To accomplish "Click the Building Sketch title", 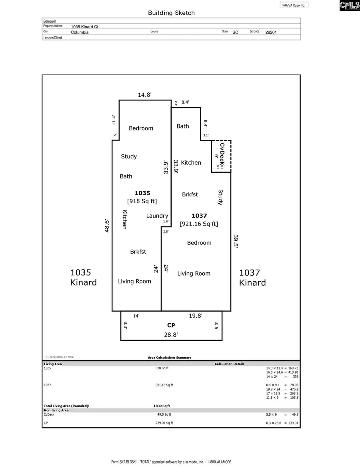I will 171,13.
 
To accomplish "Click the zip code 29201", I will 270,32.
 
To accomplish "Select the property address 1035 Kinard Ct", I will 85,27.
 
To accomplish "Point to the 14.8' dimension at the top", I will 145,95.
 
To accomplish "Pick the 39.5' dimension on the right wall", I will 236,242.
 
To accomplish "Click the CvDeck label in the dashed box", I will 222,153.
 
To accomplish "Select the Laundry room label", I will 157,216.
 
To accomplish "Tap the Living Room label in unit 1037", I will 194,274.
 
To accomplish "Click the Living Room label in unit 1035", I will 134,281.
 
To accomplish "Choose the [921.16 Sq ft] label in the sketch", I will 199,224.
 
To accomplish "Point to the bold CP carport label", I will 171,326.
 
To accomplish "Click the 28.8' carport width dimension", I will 171,335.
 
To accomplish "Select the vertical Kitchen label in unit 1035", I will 124,220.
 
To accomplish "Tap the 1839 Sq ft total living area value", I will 159,406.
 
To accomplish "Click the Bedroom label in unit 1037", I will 199,243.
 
